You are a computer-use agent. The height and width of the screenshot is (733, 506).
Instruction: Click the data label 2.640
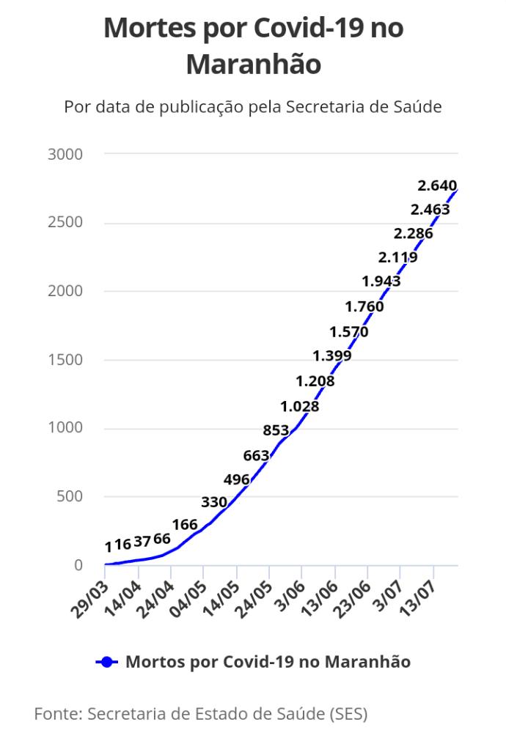click(437, 185)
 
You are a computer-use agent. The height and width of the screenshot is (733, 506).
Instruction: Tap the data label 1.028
click(300, 406)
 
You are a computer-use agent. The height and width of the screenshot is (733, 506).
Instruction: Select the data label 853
click(276, 430)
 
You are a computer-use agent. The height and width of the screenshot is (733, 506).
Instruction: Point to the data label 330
click(214, 502)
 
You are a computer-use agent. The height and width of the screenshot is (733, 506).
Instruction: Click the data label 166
click(185, 525)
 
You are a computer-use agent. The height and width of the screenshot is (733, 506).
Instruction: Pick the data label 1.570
click(349, 332)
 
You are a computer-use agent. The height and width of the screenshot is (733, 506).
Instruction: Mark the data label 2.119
click(398, 257)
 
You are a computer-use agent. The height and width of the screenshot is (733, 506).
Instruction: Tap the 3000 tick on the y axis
click(65, 154)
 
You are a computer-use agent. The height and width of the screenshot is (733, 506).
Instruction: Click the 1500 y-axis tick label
click(65, 360)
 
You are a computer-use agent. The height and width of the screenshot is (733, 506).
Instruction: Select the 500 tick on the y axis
click(70, 496)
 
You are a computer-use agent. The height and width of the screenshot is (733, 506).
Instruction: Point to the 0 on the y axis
click(78, 564)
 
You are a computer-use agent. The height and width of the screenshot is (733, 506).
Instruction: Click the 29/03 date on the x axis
click(89, 600)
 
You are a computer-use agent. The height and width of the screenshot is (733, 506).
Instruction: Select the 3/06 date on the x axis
click(290, 596)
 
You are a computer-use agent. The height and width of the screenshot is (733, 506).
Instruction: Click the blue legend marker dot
click(107, 662)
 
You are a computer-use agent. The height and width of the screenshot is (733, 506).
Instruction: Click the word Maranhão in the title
click(254, 64)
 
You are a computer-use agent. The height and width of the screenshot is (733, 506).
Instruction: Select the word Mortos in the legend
click(149, 662)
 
